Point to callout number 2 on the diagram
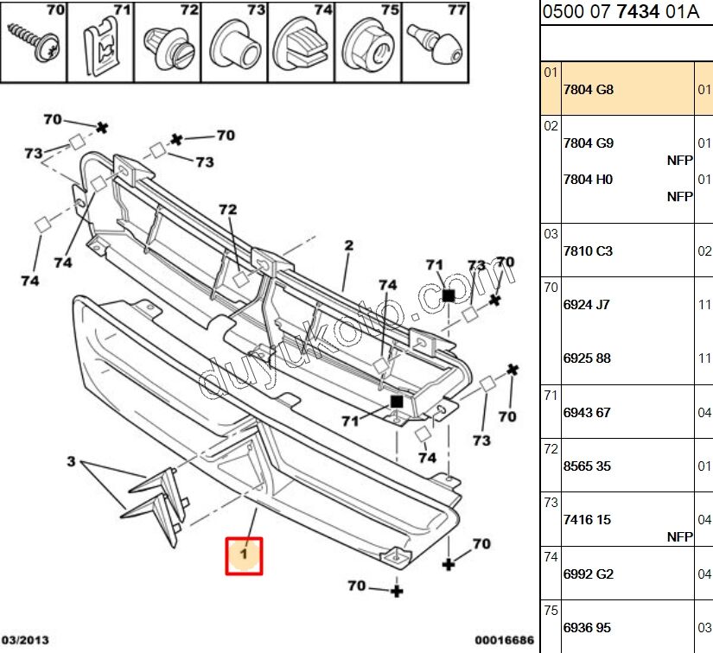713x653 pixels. pyautogui.click(x=348, y=246)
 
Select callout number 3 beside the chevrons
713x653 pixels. pyautogui.click(x=73, y=461)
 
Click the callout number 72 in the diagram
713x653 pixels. pyautogui.click(x=227, y=210)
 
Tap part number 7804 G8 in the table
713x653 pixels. pyautogui.click(x=589, y=89)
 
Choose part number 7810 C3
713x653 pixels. pyautogui.click(x=588, y=250)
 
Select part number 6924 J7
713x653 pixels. pyautogui.click(x=587, y=304)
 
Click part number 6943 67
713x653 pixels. pyautogui.click(x=587, y=412)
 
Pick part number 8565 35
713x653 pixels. pyautogui.click(x=587, y=466)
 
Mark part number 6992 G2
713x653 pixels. pyautogui.click(x=588, y=574)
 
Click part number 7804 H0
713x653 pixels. pyautogui.click(x=588, y=179)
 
